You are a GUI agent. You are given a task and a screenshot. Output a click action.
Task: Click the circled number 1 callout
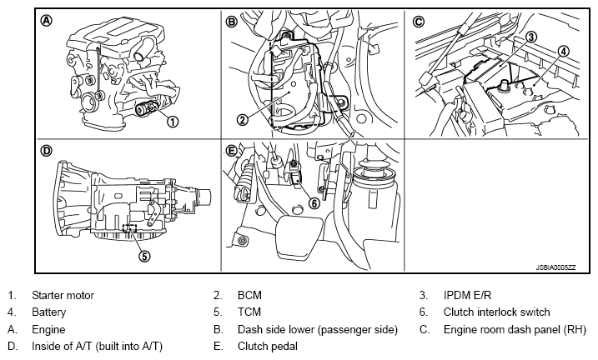click(173, 122)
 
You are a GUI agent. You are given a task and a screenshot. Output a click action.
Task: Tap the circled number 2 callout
click(242, 120)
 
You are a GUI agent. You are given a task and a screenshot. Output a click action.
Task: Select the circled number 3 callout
click(531, 37)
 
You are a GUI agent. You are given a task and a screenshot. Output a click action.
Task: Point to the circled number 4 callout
click(563, 52)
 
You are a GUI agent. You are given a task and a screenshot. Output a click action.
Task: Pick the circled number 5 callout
click(144, 256)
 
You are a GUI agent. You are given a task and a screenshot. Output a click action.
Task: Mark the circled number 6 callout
click(314, 203)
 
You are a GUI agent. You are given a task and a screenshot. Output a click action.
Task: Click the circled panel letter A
click(47, 21)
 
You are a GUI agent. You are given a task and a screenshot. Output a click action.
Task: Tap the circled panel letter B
click(232, 22)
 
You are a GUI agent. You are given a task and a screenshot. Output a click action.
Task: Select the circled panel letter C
click(419, 22)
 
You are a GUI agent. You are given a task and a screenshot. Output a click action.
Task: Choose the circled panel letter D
click(46, 151)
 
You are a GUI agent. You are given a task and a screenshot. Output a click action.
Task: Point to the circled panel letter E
click(232, 151)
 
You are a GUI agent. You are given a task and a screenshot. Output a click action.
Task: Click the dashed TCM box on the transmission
click(129, 227)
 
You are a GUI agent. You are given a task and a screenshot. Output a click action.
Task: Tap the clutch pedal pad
click(294, 235)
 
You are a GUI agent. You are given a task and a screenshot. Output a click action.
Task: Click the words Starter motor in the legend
click(63, 295)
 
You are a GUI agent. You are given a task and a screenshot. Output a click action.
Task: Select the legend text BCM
click(250, 295)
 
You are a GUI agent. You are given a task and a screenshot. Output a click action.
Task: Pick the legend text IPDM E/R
click(468, 295)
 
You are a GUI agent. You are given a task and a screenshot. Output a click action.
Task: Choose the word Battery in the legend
click(49, 312)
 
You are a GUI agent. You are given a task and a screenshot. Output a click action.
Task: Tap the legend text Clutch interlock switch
click(497, 312)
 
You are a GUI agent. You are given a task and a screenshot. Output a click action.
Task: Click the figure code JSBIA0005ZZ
click(556, 267)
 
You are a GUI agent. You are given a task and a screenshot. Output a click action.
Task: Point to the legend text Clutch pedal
click(268, 347)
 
